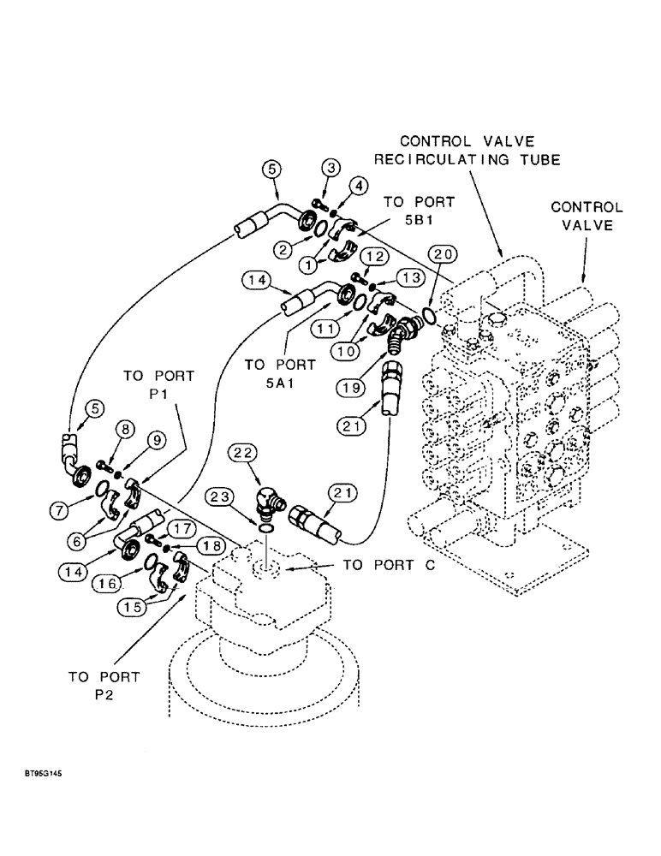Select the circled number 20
[x=440, y=254]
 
